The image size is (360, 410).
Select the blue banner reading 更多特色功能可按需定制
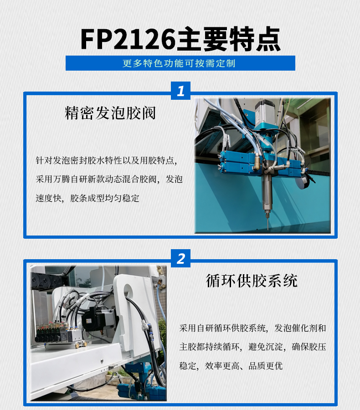[x=180, y=63]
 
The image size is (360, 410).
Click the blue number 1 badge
[x=180, y=91]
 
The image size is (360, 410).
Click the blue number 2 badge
[x=180, y=258]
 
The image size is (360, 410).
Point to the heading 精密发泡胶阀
[x=110, y=113]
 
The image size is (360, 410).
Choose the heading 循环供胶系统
[x=252, y=280]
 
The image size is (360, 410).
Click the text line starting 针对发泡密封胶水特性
[x=106, y=160]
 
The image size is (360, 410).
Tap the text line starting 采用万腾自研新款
[x=109, y=179]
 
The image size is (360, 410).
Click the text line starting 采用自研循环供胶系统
[x=253, y=328]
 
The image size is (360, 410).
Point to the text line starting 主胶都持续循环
[x=253, y=347]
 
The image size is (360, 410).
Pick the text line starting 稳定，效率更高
[x=231, y=366]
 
